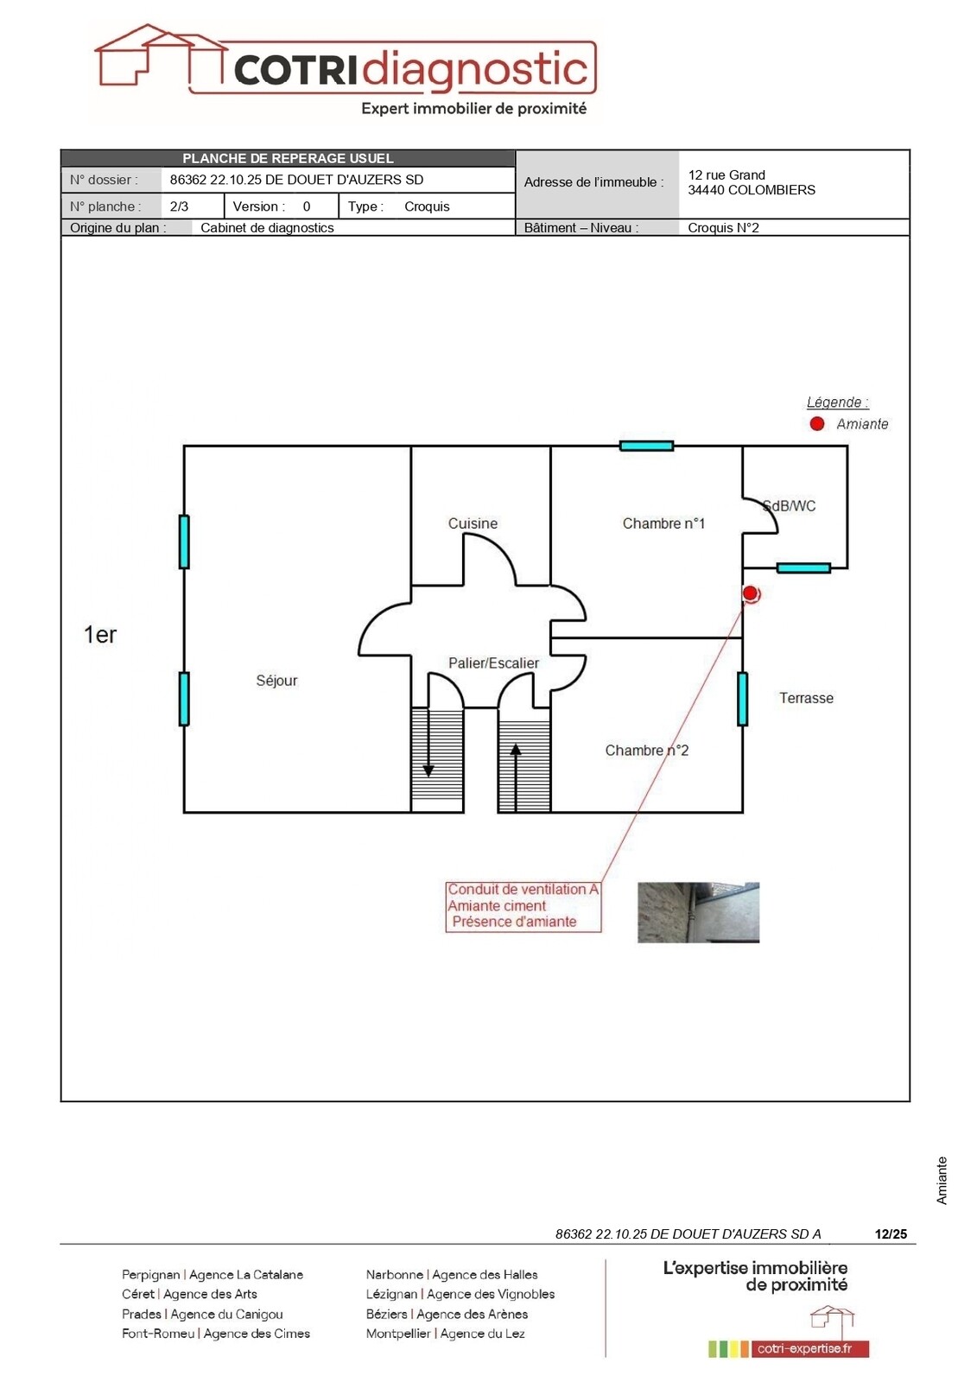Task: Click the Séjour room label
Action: coord(276,681)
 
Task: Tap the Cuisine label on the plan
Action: coord(473,523)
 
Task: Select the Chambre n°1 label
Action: coord(663,523)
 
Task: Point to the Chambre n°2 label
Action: coord(646,751)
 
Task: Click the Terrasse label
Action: coord(806,698)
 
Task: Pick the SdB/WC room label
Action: coord(790,506)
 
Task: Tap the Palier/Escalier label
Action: coord(493,663)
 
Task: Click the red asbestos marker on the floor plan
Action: coord(750,593)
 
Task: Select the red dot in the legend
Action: coord(816,424)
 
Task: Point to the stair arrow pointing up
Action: coord(516,777)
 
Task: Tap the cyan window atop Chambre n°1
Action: coord(646,446)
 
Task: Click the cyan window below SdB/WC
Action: coord(803,568)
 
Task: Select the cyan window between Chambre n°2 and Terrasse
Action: coord(743,699)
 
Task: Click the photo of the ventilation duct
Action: coord(698,912)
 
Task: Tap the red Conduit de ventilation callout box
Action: coord(523,906)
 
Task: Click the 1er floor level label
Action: coord(100,635)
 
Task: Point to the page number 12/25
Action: coord(891,1233)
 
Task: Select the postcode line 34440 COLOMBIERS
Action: coord(752,190)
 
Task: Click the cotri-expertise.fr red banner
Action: coord(810,1348)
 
